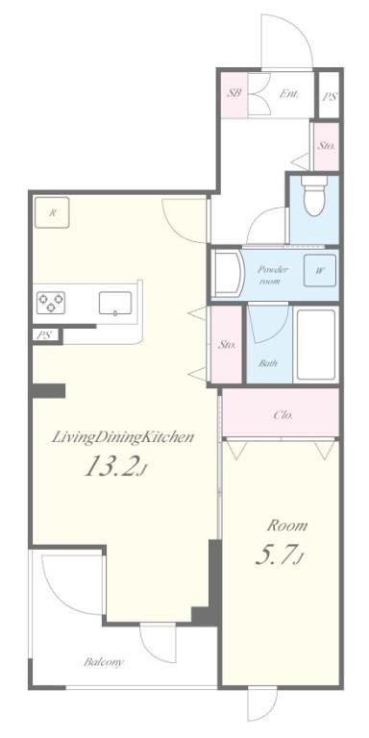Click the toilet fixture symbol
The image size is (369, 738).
[x=315, y=195]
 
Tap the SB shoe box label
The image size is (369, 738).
[x=234, y=93]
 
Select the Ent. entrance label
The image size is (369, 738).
[x=289, y=93]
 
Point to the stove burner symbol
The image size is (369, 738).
[x=51, y=303]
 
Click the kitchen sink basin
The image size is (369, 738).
[x=115, y=303]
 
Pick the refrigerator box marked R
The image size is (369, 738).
[x=52, y=212]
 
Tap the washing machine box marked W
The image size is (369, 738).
[x=320, y=271]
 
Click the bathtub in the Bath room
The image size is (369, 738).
[x=316, y=345]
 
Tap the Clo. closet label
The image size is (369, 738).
[x=283, y=415]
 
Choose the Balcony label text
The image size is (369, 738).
[x=104, y=662]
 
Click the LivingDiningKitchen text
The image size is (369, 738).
[x=122, y=437]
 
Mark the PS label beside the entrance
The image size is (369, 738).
[x=330, y=96]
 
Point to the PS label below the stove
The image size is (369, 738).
[x=44, y=335]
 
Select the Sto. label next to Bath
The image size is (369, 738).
[x=227, y=345]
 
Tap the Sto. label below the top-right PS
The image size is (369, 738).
[x=326, y=146]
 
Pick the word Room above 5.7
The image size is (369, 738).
[x=287, y=526]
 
